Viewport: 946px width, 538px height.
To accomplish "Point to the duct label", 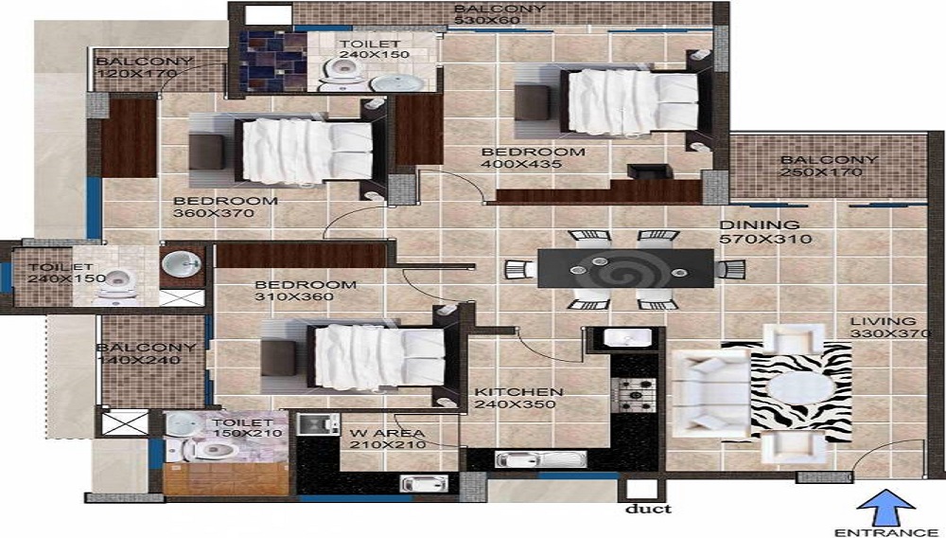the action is pyautogui.click(x=647, y=509).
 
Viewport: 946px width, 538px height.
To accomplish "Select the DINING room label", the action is pyautogui.click(x=760, y=225).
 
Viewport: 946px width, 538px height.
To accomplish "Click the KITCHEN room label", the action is pyautogui.click(x=518, y=392).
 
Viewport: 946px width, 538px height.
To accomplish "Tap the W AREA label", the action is pyautogui.click(x=387, y=433).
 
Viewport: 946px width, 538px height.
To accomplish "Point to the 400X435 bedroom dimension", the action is pyautogui.click(x=521, y=164).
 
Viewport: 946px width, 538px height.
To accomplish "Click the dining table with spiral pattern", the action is pyautogui.click(x=625, y=269).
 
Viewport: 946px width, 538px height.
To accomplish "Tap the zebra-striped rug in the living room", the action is pyautogui.click(x=787, y=392).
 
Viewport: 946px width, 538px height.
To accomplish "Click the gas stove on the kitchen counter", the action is pyautogui.click(x=634, y=395).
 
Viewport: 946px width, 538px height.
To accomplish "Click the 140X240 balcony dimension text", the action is pyautogui.click(x=138, y=360).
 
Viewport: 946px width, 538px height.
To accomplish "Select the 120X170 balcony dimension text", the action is pyautogui.click(x=136, y=74).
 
